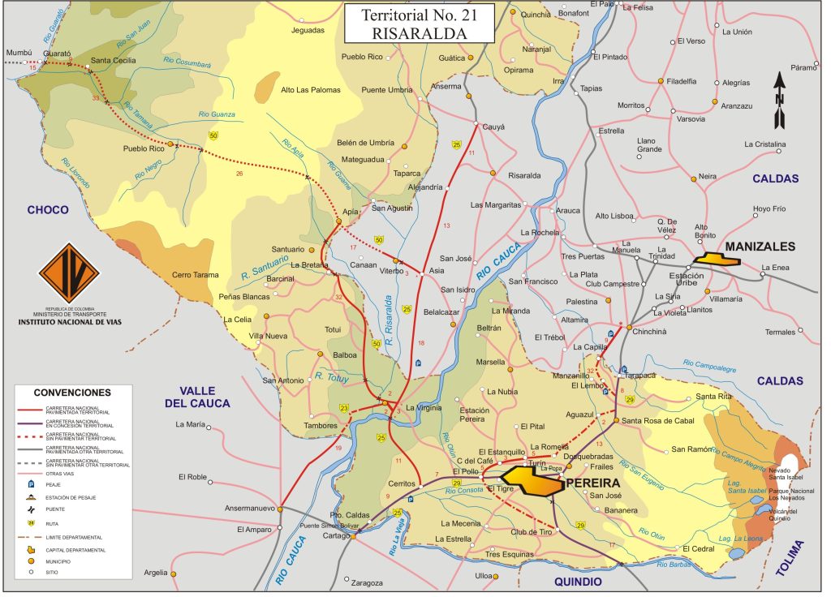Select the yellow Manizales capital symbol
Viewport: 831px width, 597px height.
coord(719,260)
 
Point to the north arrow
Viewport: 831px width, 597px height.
coord(779,101)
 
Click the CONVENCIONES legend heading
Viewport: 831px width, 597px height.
coord(73,392)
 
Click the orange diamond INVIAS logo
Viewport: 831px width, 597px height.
coord(68,273)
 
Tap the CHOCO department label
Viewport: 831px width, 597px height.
coord(48,209)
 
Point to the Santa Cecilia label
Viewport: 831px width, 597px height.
coord(113,60)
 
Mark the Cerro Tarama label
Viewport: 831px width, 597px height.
coord(195,275)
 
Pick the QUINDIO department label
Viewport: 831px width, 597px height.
coord(577,582)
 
